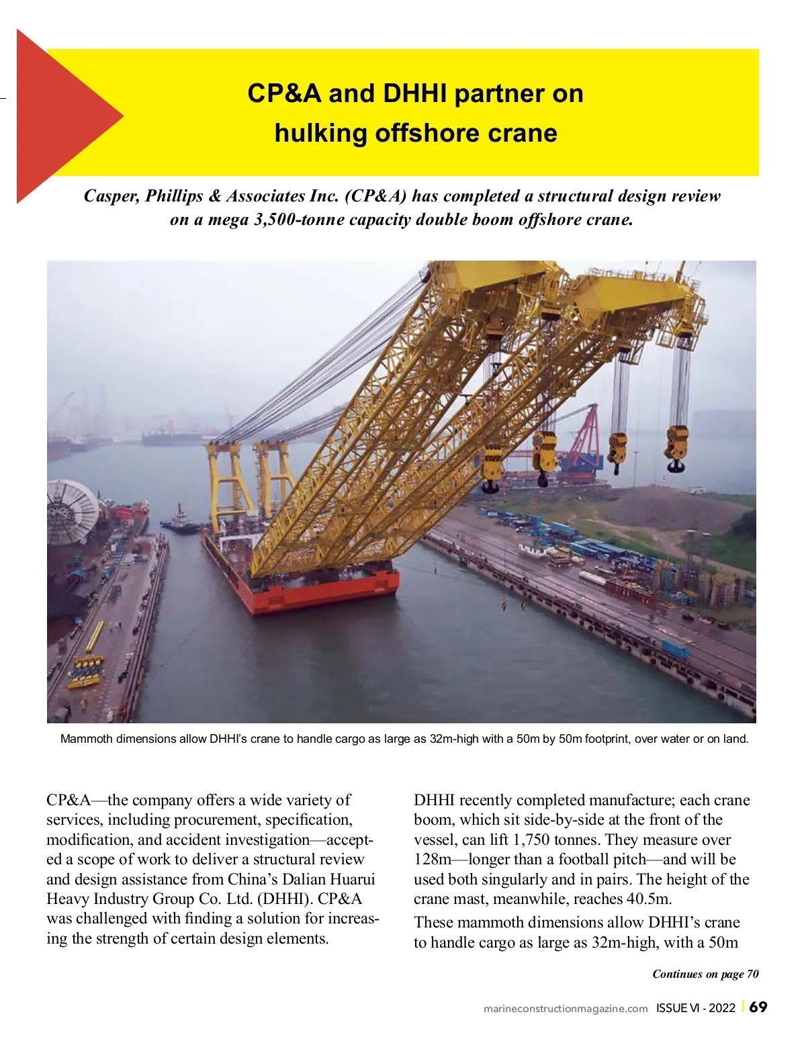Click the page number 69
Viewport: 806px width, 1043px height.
tap(758, 1007)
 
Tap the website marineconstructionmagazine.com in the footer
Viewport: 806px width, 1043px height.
tap(566, 1009)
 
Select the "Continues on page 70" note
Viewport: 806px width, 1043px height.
tap(705, 974)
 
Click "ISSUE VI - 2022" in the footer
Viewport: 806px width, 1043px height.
tap(696, 1008)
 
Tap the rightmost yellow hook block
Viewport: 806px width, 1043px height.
tap(676, 448)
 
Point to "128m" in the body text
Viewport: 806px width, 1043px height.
tap(433, 860)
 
